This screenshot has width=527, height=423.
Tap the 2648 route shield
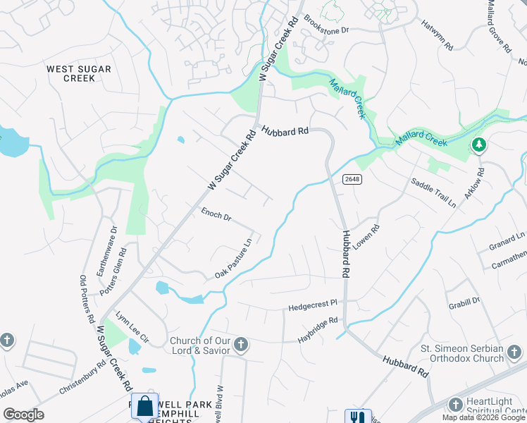click(x=352, y=180)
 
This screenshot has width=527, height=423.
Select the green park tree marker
click(x=479, y=145)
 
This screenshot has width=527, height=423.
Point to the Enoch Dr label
click(x=216, y=214)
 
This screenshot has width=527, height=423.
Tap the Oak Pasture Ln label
click(x=233, y=259)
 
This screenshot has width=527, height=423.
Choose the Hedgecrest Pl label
click(x=313, y=307)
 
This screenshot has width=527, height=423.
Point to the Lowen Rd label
click(x=366, y=238)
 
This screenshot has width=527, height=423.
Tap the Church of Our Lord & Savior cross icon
click(x=241, y=344)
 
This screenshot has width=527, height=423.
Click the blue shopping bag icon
click(x=145, y=407)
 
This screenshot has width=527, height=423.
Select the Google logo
click(x=23, y=414)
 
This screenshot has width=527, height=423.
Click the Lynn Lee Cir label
click(x=132, y=328)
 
